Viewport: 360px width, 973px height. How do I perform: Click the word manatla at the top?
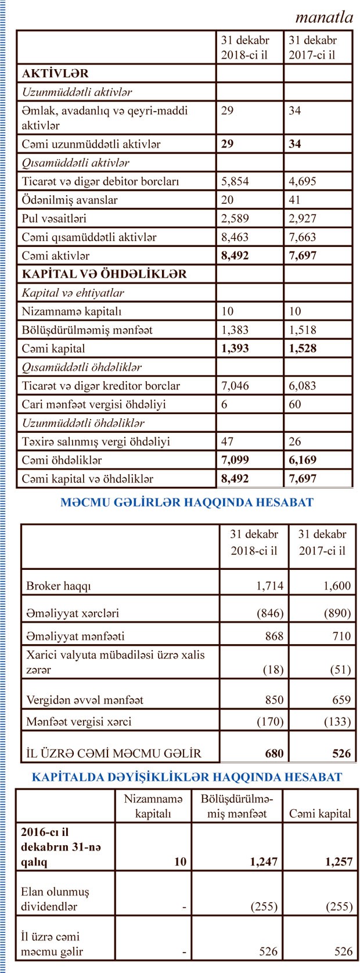pos(324,17)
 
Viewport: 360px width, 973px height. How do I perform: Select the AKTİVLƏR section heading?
pos(55,74)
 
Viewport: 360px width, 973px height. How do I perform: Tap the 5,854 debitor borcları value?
pos(235,181)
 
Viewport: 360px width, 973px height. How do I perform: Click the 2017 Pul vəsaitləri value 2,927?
pos(302,218)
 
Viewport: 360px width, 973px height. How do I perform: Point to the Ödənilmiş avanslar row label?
pos(70,200)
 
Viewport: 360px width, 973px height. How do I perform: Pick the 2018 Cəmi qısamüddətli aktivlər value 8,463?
pos(235,237)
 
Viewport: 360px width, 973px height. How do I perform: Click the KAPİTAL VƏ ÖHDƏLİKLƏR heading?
pos(105,274)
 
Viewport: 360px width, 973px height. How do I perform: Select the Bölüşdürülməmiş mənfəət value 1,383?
pos(235,330)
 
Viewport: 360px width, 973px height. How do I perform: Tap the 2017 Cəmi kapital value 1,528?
pos(302,349)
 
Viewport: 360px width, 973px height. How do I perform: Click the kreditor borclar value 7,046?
pos(235,386)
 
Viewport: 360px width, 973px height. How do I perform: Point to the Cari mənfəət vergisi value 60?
pos(295,404)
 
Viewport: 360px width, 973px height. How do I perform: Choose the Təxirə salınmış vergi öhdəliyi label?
pos(96,441)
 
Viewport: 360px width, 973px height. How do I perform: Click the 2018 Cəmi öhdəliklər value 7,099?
pos(235,460)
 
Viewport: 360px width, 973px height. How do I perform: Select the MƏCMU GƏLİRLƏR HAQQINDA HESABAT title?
pos(186,502)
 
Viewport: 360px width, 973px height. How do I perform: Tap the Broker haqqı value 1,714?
pos(270,586)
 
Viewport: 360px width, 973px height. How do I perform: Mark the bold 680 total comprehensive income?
pos(274,753)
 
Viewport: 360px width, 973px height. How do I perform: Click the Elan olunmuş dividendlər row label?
pos(55,898)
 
